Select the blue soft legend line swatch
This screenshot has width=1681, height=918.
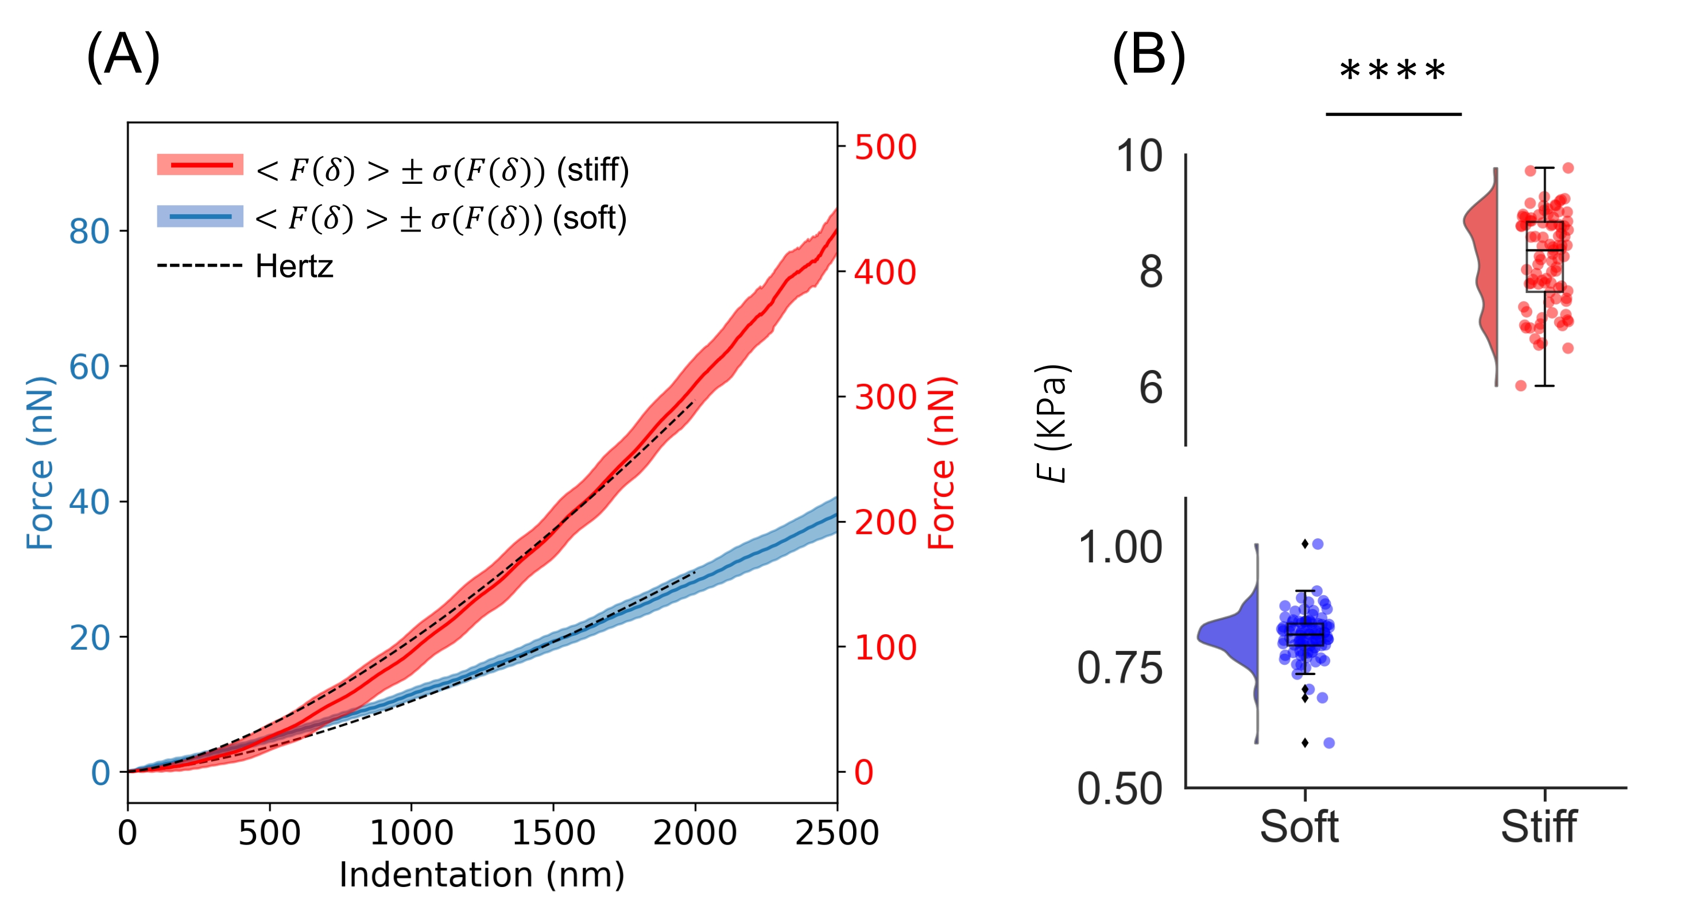click(200, 216)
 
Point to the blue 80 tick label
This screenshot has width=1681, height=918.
click(90, 231)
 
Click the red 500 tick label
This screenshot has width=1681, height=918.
click(885, 147)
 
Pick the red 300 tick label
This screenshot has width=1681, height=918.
click(885, 397)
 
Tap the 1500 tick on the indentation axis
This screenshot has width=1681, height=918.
click(553, 832)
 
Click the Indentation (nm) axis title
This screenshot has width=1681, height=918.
click(482, 874)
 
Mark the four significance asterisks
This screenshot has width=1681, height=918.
click(1392, 71)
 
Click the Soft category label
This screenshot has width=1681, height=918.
click(1299, 827)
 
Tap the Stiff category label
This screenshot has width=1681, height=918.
click(1538, 827)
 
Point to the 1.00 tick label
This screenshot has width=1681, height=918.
click(1120, 547)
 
